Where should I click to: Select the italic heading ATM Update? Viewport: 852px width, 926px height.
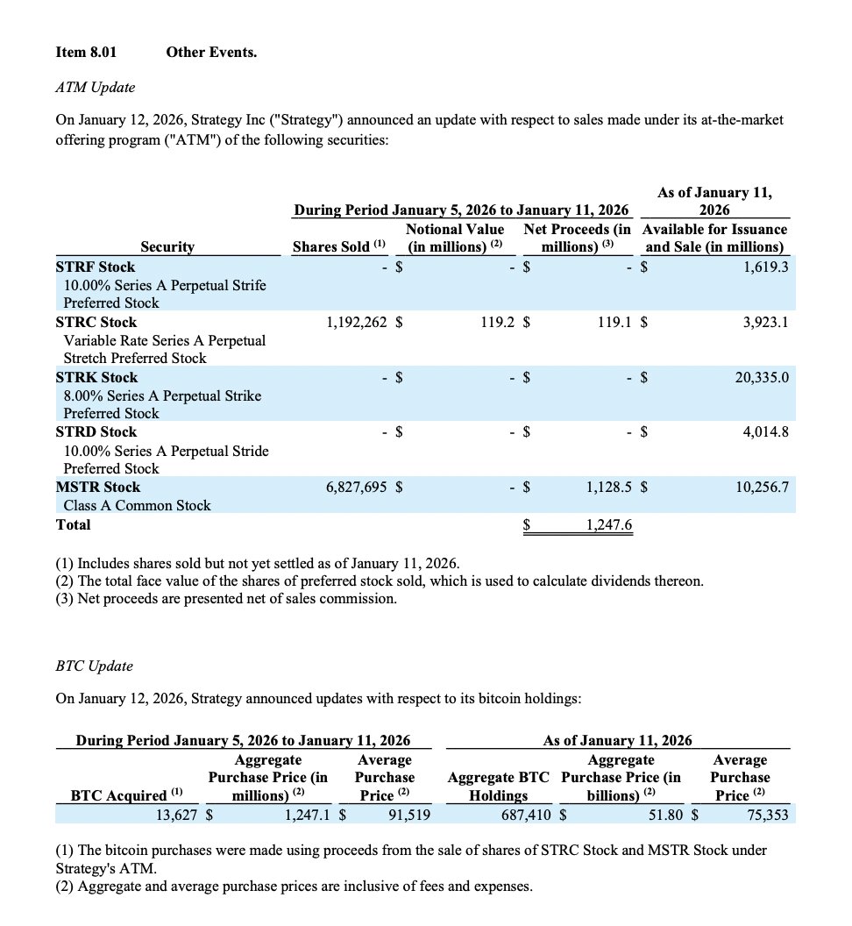95,87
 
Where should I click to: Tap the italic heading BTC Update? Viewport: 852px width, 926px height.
94,666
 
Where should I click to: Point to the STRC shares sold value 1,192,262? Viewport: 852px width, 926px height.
356,322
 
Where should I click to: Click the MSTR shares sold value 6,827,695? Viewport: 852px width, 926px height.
356,487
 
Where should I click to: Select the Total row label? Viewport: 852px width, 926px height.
73,524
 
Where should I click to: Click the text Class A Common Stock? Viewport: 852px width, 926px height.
137,505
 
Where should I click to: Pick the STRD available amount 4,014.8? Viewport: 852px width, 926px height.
765,431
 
